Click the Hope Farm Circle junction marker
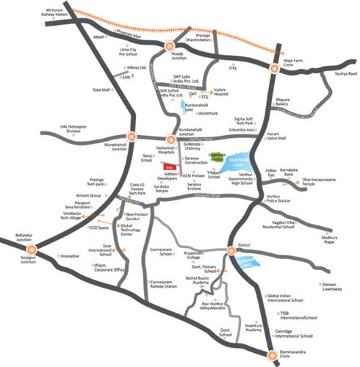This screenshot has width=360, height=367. click(x=273, y=68)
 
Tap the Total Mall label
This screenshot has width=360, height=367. click(x=101, y=90)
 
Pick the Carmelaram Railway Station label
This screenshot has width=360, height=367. click(x=162, y=284)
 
